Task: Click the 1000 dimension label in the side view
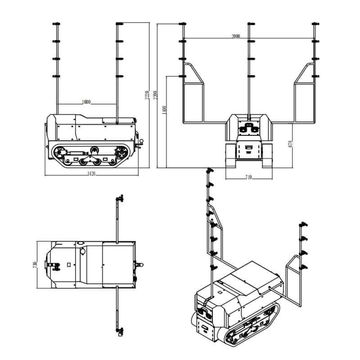point(86,102)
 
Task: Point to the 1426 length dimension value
point(92,173)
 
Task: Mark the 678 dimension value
point(291,144)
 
